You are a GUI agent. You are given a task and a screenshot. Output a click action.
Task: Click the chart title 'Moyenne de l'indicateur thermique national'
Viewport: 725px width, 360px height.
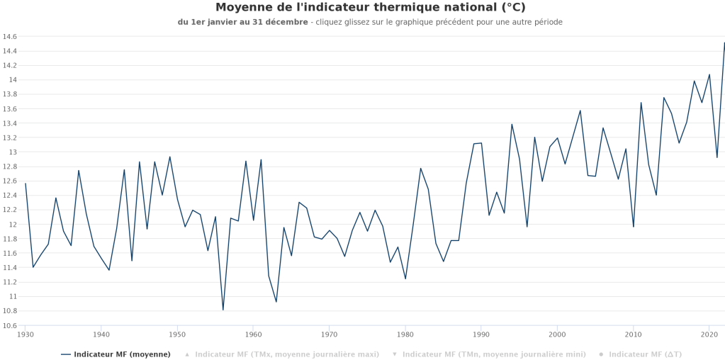[370, 8]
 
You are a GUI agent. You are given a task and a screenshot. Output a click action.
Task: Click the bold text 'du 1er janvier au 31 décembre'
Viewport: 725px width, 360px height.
[242, 22]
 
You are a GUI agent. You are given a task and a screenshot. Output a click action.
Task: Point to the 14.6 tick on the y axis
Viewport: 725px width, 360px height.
[9, 36]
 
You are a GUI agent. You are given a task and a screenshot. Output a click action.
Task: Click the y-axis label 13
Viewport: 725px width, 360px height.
[13, 152]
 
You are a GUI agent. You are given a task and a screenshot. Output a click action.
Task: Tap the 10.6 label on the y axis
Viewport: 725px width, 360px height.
[9, 326]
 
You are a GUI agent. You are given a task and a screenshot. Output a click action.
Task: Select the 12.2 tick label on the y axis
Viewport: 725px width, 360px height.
[9, 210]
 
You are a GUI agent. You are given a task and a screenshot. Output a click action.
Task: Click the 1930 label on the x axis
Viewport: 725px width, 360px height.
[26, 334]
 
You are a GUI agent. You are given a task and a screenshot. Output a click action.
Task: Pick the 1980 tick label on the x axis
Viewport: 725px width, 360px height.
[405, 334]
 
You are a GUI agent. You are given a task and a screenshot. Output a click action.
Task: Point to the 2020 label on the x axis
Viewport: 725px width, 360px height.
[709, 334]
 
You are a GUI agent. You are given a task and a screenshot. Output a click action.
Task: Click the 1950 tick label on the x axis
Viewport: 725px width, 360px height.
[177, 334]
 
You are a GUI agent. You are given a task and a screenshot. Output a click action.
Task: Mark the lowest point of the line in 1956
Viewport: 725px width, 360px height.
[223, 310]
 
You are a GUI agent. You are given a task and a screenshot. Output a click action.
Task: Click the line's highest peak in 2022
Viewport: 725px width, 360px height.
[724, 43]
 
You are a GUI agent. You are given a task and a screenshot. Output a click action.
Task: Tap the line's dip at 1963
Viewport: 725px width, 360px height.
[276, 302]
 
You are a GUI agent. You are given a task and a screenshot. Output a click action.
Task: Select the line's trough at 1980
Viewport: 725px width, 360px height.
[405, 279]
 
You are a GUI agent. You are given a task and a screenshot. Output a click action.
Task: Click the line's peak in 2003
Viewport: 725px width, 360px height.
[580, 111]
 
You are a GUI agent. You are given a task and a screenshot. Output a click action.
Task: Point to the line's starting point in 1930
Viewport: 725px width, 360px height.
[26, 184]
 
